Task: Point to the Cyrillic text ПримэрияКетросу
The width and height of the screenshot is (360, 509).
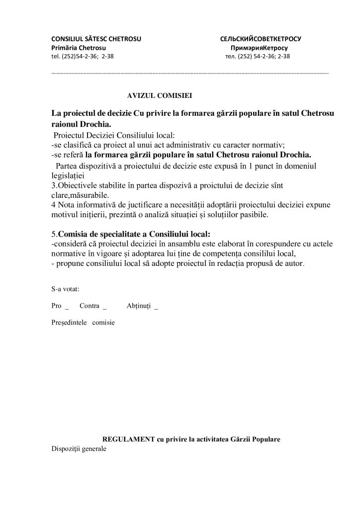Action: click(x=260, y=47)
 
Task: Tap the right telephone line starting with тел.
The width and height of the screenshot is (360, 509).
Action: click(x=258, y=56)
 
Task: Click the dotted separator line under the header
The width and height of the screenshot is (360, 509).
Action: click(x=190, y=73)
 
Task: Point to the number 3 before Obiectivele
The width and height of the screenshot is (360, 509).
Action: click(x=53, y=185)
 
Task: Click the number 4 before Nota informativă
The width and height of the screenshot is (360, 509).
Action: click(x=53, y=204)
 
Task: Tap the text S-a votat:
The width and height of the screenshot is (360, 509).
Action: click(x=66, y=288)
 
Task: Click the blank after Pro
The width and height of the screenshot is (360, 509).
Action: click(x=67, y=307)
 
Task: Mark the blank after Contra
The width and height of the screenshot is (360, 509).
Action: click(x=104, y=307)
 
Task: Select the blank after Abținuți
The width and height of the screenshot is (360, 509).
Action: click(x=157, y=307)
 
